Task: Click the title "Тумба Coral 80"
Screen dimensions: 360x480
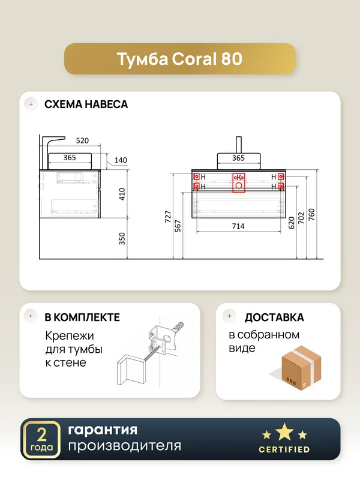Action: [179, 59]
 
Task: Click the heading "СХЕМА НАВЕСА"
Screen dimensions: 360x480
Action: [86, 104]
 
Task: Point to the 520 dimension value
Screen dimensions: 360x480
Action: [82, 140]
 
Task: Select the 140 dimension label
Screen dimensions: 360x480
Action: [121, 160]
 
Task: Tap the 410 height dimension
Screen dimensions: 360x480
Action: [122, 194]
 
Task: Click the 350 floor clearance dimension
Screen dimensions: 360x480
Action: [122, 239]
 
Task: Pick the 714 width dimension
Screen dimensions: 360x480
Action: [238, 226]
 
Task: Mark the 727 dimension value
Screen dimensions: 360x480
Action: [168, 217]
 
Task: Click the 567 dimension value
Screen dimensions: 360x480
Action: [178, 226]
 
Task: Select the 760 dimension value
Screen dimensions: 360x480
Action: [311, 215]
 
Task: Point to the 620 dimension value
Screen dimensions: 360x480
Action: [291, 223]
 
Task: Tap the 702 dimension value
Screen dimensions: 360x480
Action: [301, 218]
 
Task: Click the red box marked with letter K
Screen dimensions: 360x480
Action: [239, 183]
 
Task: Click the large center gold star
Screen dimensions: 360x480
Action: [284, 431]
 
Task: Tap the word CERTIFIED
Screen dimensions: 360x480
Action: [284, 449]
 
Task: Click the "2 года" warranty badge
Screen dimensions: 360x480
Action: [41, 440]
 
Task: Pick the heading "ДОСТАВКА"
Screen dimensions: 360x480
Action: [274, 317]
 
